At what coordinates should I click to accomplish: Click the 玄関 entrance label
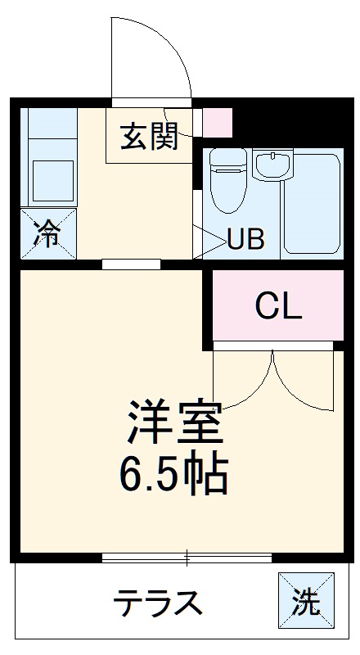(x=150, y=138)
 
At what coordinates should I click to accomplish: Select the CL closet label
(x=278, y=306)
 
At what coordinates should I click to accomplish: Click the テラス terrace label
(x=157, y=604)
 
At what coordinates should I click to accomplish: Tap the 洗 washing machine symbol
(x=307, y=603)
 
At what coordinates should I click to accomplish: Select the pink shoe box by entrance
(x=218, y=122)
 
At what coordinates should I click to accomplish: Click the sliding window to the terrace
(x=187, y=558)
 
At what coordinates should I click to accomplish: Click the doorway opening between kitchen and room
(x=131, y=264)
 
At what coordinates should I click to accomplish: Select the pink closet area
(x=278, y=306)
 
